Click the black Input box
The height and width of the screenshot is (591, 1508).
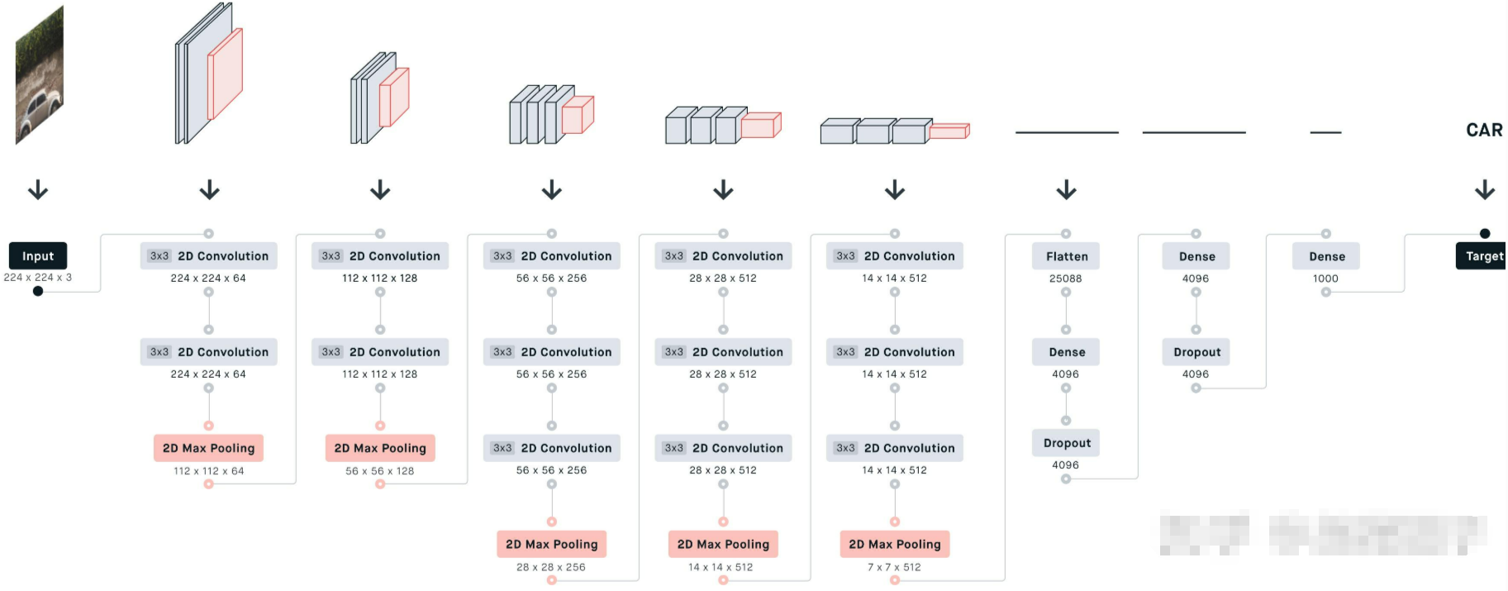coord(38,256)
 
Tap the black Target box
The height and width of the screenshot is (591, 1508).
coord(1482,256)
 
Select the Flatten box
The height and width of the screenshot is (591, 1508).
coord(1066,256)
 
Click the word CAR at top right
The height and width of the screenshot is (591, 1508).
coord(1484,130)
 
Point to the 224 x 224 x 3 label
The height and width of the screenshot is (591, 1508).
coord(38,278)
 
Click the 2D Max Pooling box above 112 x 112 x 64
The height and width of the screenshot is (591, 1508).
coord(208,448)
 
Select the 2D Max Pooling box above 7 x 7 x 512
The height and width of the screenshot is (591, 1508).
coord(894,544)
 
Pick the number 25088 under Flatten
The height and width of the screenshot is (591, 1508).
coord(1065,279)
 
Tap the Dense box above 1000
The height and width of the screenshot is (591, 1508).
coord(1326,256)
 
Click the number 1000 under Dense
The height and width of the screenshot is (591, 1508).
coord(1325,279)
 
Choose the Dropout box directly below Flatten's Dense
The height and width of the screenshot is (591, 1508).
coord(1066,443)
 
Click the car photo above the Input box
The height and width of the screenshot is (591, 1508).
coord(39,75)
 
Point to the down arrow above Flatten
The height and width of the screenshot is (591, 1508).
coord(1066,190)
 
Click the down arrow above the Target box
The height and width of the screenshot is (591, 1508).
coord(1485,190)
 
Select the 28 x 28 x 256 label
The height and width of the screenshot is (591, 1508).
coord(551,567)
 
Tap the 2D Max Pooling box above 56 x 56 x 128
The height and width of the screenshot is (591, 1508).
coord(380,448)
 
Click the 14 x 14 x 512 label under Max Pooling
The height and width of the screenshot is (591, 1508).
coord(721,567)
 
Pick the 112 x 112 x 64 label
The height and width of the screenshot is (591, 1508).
coord(208,471)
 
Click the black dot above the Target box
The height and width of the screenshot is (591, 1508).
coord(1485,234)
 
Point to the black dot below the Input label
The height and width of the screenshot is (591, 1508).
coord(38,291)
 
